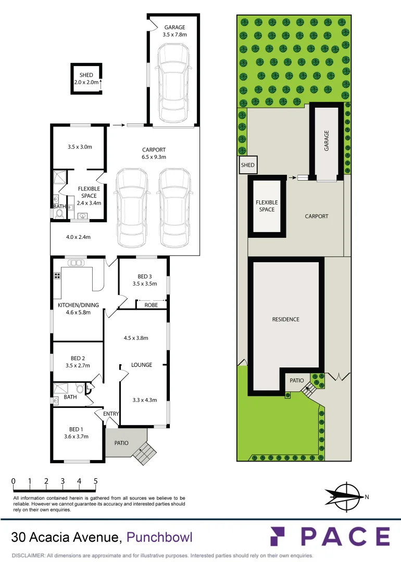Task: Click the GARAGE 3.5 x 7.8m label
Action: point(174,31)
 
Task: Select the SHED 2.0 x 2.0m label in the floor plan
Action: point(86,79)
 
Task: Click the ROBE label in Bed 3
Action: point(151,305)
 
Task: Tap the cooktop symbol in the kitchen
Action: point(57,275)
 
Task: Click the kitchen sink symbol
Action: point(76,263)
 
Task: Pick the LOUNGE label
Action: point(142,365)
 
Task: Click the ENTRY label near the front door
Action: point(111,414)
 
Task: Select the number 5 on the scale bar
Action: point(96,481)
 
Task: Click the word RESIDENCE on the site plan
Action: point(286,319)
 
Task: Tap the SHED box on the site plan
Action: point(247,165)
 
